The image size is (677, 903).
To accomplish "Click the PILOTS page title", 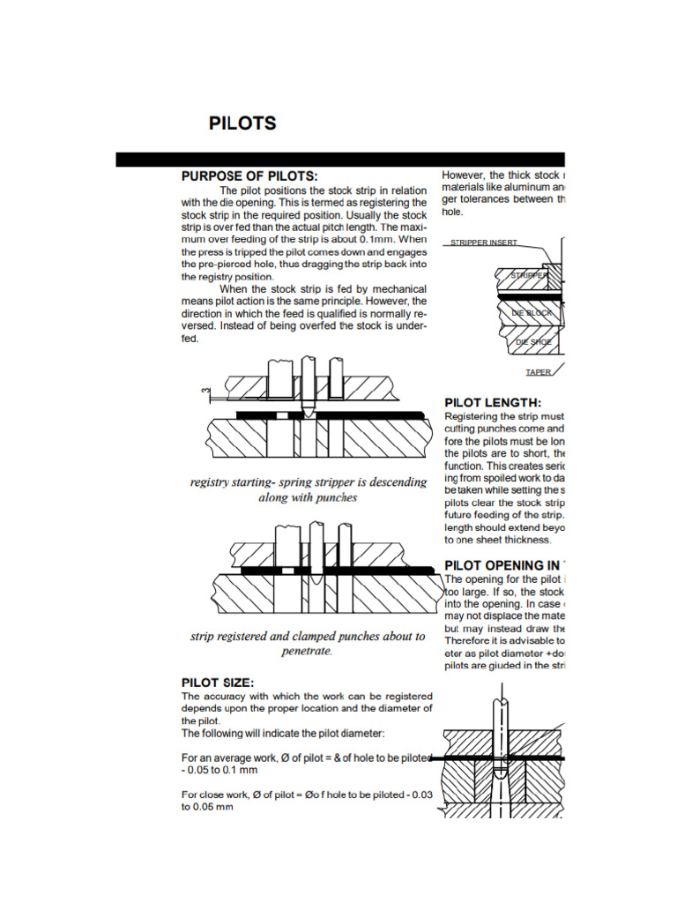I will (242, 123).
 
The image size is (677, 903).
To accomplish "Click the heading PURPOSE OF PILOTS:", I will (249, 175).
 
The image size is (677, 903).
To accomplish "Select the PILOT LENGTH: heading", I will (493, 402).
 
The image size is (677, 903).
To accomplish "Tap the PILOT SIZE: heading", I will (218, 682).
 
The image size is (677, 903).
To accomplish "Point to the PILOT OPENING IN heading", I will (502, 564).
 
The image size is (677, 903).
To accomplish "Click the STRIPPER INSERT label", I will (483, 242).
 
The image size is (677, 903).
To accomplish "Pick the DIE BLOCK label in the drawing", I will (532, 312).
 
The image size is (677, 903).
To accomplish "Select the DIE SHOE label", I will (533, 341).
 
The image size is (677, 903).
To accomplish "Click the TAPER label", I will (538, 372).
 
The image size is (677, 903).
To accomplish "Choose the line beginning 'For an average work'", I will (306, 757).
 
